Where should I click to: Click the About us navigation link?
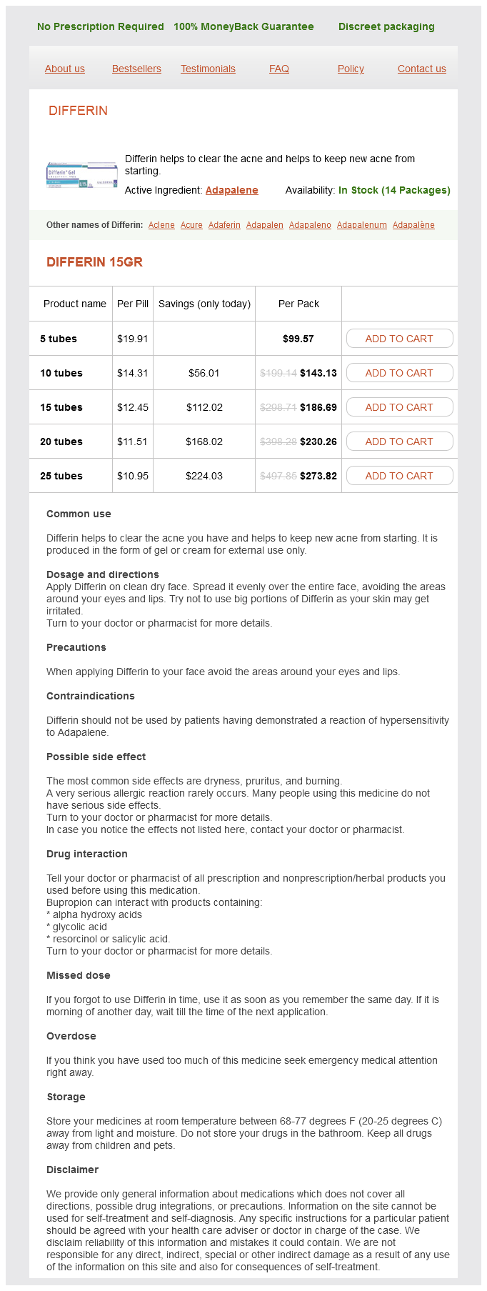click(64, 69)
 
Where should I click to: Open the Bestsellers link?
click(136, 69)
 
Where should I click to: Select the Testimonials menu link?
click(208, 69)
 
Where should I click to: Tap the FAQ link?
click(279, 69)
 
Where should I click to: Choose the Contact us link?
click(421, 69)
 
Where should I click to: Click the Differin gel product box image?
click(82, 175)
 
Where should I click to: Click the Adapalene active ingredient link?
click(231, 190)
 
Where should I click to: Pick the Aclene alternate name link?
click(161, 225)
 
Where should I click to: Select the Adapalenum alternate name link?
click(361, 225)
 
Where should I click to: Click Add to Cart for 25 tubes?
click(399, 476)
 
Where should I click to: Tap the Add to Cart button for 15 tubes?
click(399, 407)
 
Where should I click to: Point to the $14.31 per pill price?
click(132, 373)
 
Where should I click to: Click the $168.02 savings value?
click(204, 442)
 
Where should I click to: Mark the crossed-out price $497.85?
click(278, 476)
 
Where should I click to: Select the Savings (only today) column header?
click(204, 304)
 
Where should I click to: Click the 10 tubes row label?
click(61, 373)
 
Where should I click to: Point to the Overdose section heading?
click(71, 1036)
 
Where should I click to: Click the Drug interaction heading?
click(87, 854)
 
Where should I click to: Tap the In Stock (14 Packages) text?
click(394, 190)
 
